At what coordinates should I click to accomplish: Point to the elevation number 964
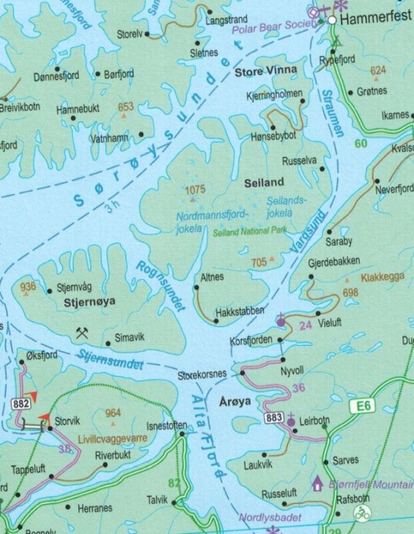coord(113,414)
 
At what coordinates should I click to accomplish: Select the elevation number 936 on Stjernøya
coord(29,286)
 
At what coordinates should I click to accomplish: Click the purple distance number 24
coord(306,325)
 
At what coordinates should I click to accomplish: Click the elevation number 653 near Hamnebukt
coord(125,107)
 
